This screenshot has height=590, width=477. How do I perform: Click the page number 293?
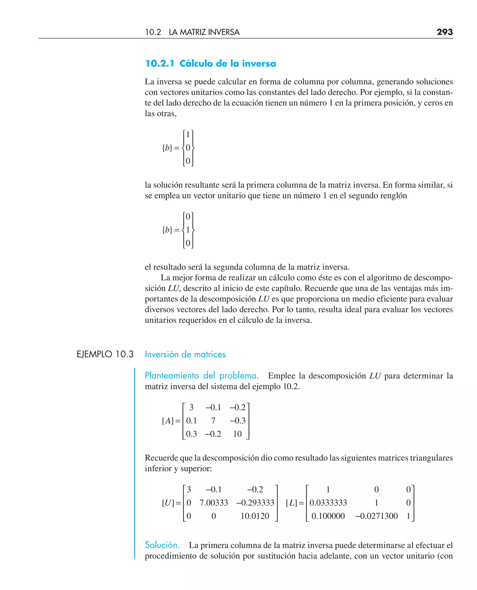pos(444,32)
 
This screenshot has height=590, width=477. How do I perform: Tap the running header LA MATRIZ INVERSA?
pos(204,32)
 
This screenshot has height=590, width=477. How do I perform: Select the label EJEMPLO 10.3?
pos(105,354)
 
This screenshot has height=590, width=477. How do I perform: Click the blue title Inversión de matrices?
pos(185,354)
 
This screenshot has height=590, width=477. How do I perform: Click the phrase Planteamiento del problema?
pos(201,375)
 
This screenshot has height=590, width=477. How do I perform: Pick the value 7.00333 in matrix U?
pos(214,503)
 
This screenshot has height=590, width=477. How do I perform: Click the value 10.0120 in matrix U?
pos(255,516)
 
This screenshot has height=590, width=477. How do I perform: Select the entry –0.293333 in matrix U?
pos(255,503)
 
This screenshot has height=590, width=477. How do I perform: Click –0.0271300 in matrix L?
pos(376,516)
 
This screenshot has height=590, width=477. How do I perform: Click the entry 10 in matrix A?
pos(237,434)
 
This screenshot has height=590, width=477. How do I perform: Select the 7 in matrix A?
pos(213,421)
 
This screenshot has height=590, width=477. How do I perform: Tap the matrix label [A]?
pos(168,421)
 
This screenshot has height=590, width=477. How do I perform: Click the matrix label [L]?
pos(292,503)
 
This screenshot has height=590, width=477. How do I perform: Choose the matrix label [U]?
pos(168,503)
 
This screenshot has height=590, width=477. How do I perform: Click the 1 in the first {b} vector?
pos(188,134)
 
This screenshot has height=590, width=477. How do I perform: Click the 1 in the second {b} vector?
pos(188,230)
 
